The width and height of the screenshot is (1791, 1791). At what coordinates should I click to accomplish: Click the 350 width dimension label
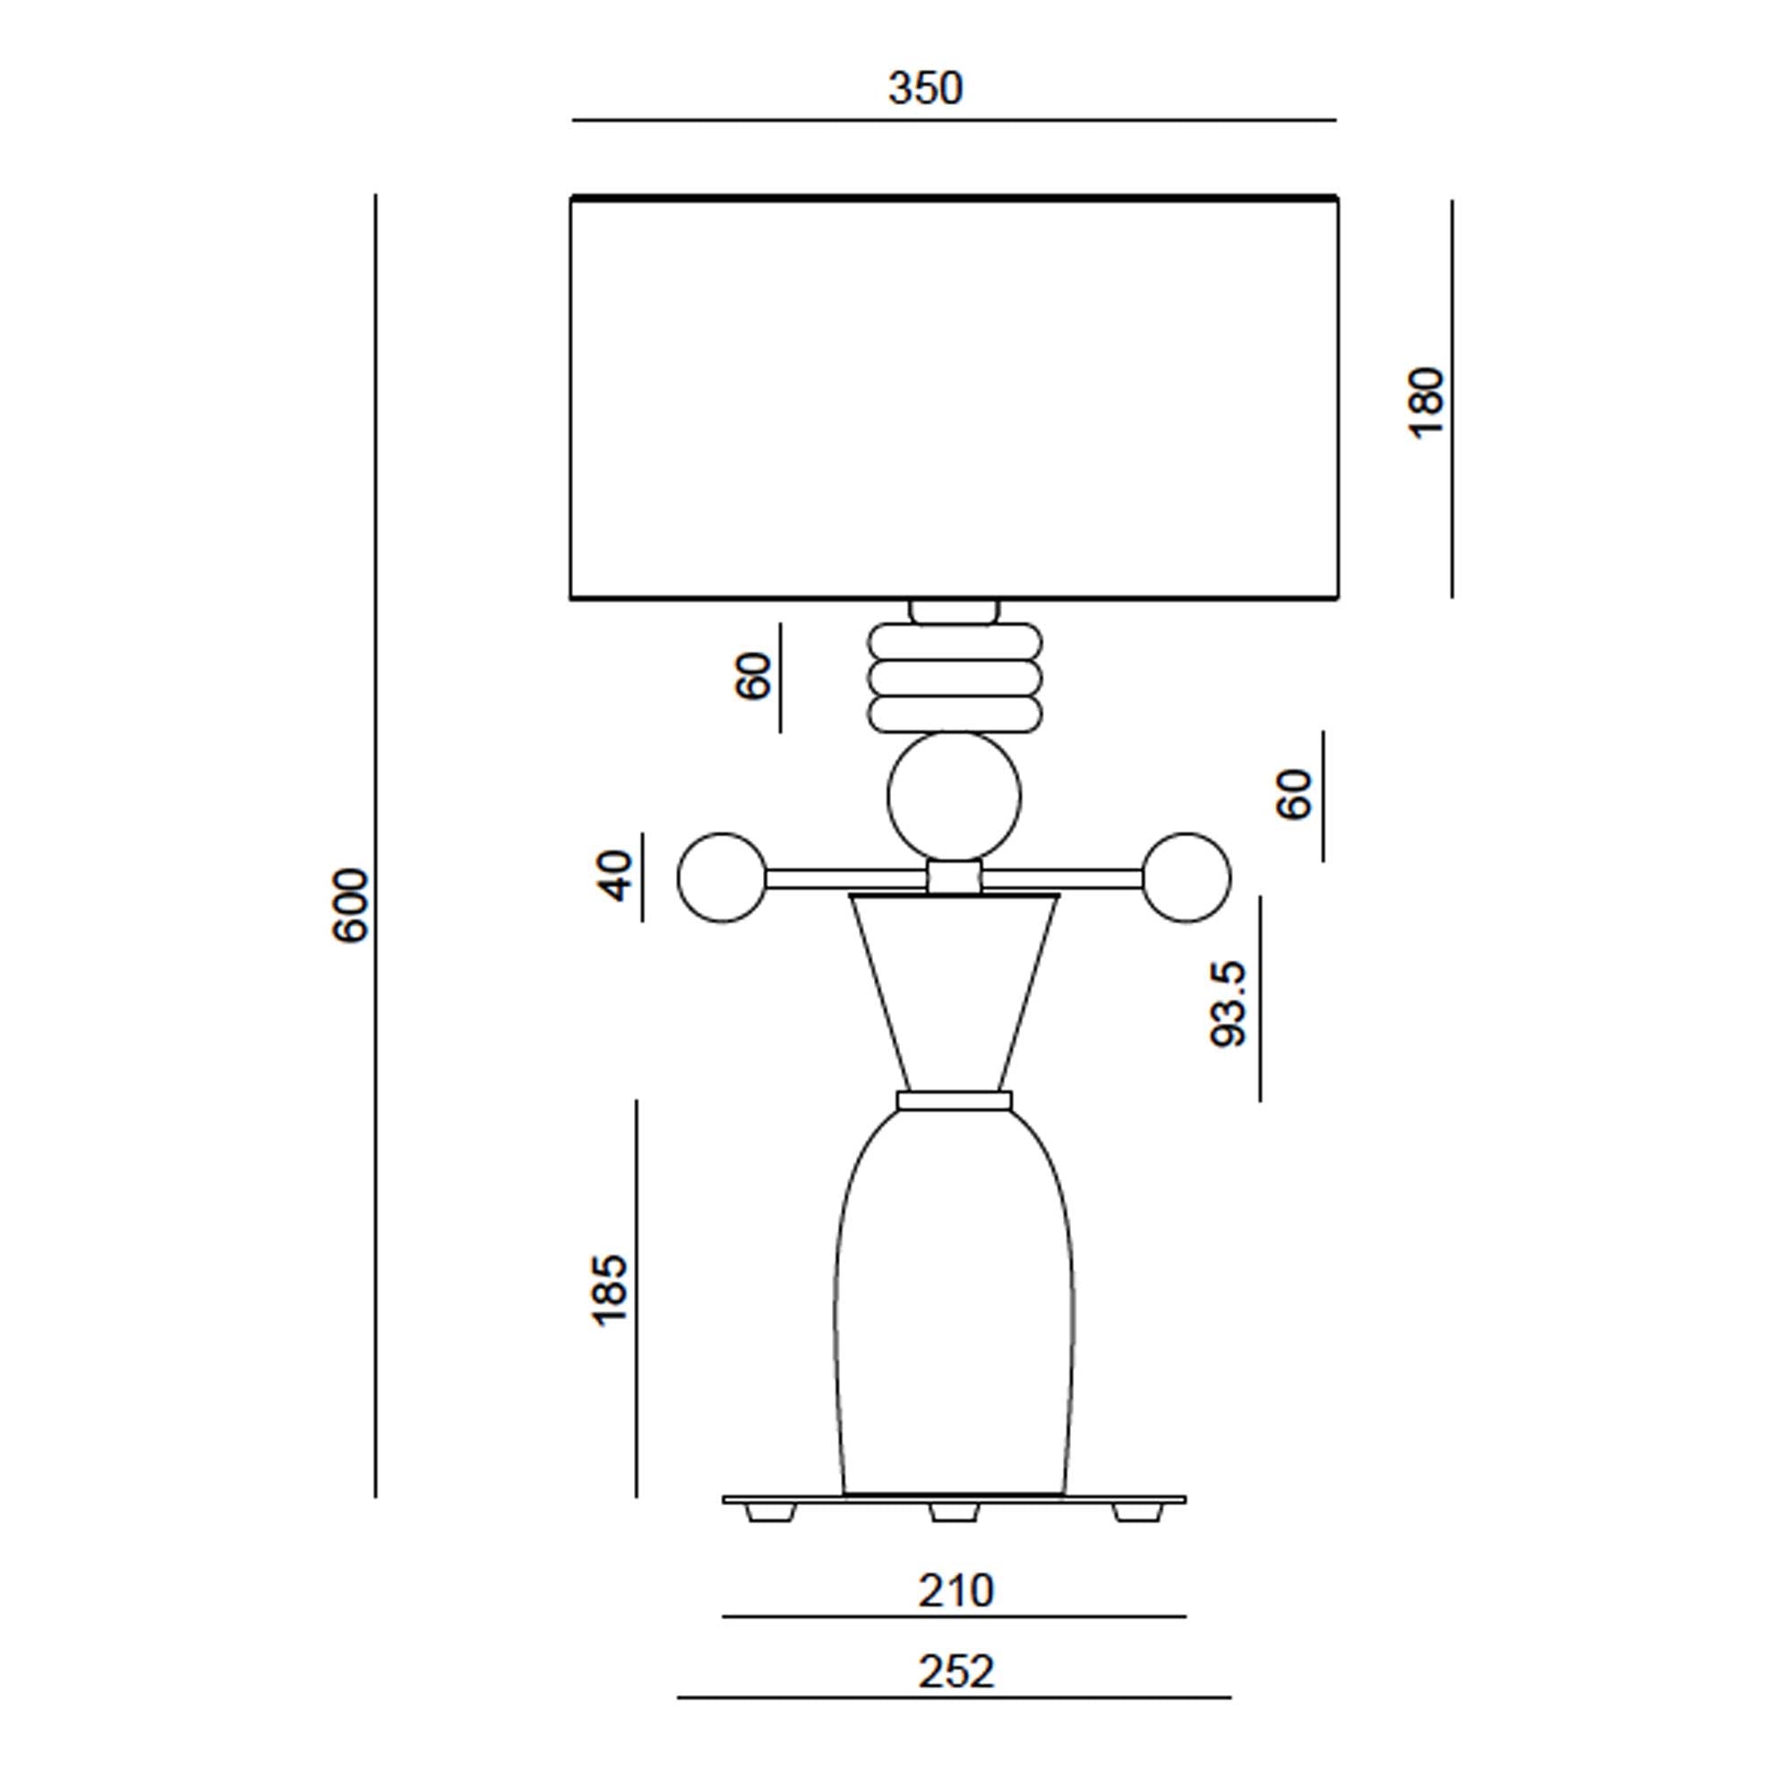[x=925, y=89]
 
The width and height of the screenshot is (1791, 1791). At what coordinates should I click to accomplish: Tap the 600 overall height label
[x=350, y=905]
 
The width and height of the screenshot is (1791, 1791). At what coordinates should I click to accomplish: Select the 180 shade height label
[x=1426, y=403]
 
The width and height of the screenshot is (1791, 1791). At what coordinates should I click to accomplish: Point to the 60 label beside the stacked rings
[x=753, y=676]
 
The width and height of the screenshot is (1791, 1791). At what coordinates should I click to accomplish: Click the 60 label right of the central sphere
[x=1294, y=794]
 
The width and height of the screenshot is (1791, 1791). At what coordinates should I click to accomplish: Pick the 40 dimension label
[x=613, y=876]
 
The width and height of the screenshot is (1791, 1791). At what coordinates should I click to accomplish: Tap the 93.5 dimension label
[x=1230, y=1005]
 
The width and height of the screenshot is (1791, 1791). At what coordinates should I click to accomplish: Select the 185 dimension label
[x=610, y=1291]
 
